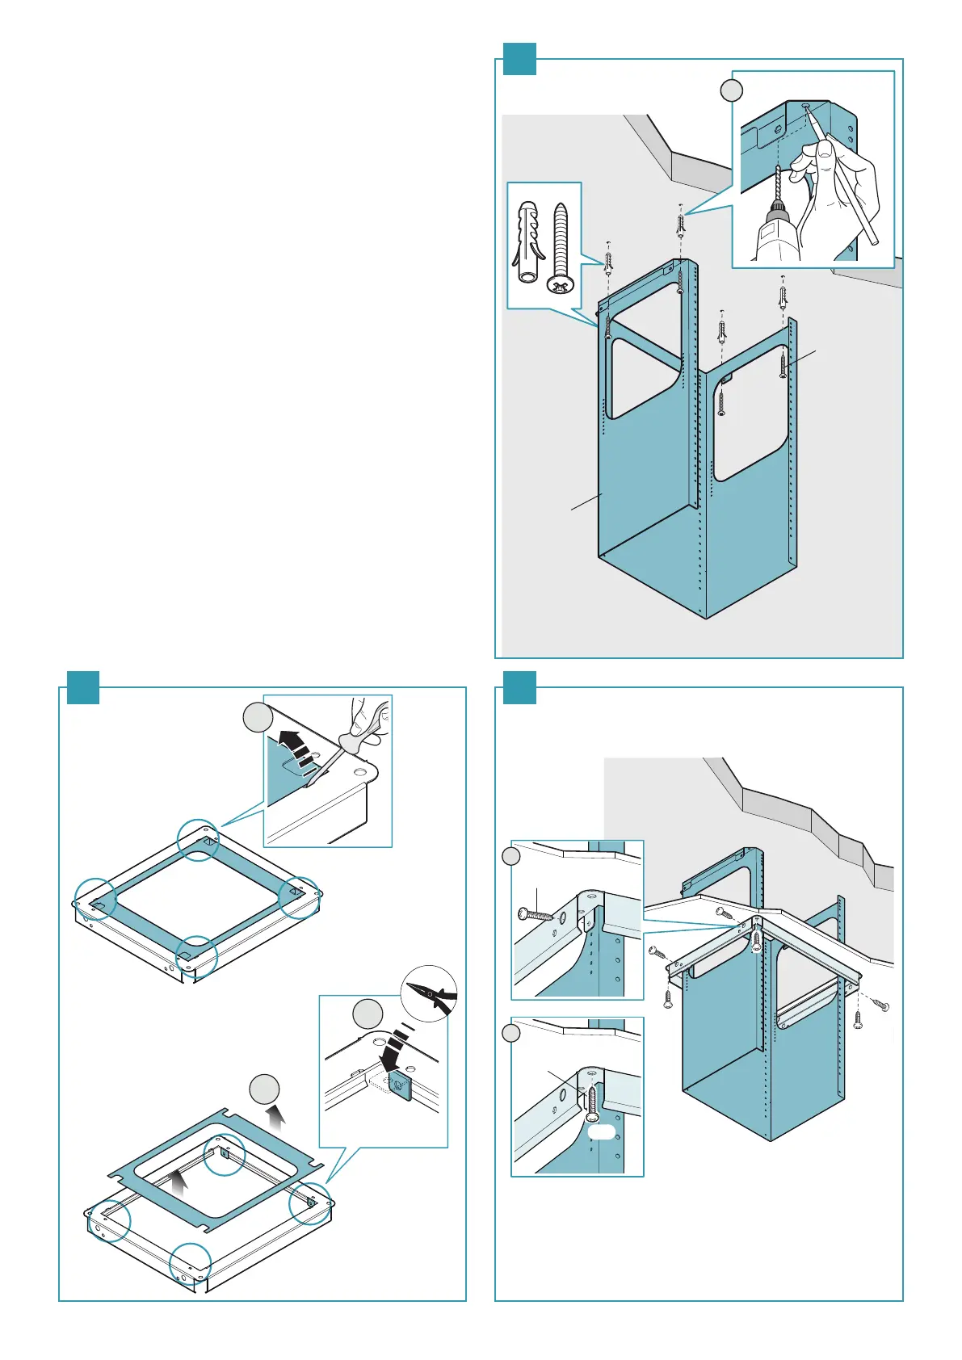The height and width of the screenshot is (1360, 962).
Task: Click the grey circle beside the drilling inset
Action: tap(731, 91)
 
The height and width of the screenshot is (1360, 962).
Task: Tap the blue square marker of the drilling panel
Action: tap(519, 58)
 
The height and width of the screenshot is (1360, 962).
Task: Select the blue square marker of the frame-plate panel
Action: tap(82, 687)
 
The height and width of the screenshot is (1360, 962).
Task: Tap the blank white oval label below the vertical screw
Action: tap(602, 1133)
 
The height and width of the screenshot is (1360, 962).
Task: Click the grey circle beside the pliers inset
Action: tap(367, 1014)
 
